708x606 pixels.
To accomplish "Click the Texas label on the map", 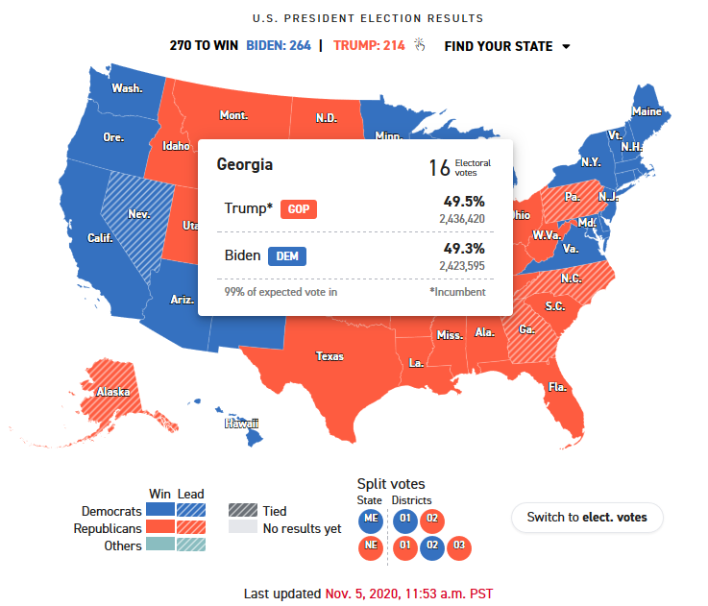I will coord(329,356).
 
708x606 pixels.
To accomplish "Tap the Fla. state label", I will coord(557,387).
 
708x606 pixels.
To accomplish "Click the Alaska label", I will coord(112,392).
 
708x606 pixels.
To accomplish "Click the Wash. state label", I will coord(127,88).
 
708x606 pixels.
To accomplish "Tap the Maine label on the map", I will coord(647,112).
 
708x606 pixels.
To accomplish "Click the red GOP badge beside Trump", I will coord(299,209).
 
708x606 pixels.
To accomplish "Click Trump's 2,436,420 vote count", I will coord(462,219).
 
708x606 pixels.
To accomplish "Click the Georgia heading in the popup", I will coord(244,164).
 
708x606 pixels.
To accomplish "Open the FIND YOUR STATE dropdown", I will coord(506,46).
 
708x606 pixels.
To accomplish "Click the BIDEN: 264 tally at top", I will coord(279,46).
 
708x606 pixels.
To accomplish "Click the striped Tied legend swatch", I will coord(242,511).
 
